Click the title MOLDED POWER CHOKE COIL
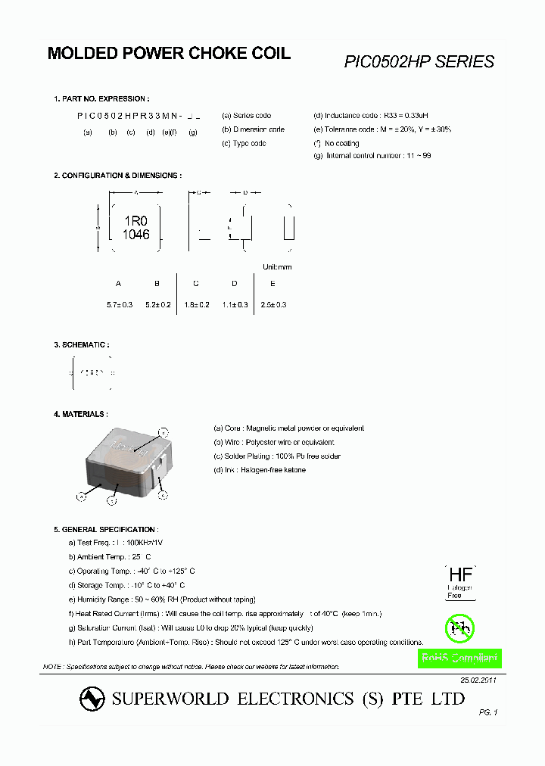point(169,54)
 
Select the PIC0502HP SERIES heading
point(419,62)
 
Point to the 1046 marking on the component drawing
point(135,235)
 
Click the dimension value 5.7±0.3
point(120,304)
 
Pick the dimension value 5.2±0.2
point(158,304)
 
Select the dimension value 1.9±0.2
point(196,304)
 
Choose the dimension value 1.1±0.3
point(235,304)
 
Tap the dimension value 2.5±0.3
point(273,304)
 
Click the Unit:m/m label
point(276,267)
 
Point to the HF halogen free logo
point(459,581)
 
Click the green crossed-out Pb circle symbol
point(458,627)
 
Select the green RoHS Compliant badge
point(459,659)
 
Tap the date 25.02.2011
point(478,680)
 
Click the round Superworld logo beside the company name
point(92,699)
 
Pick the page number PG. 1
point(488,712)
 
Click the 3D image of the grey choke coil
point(129,465)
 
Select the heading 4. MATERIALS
point(80,414)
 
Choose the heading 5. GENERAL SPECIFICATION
point(104,529)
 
